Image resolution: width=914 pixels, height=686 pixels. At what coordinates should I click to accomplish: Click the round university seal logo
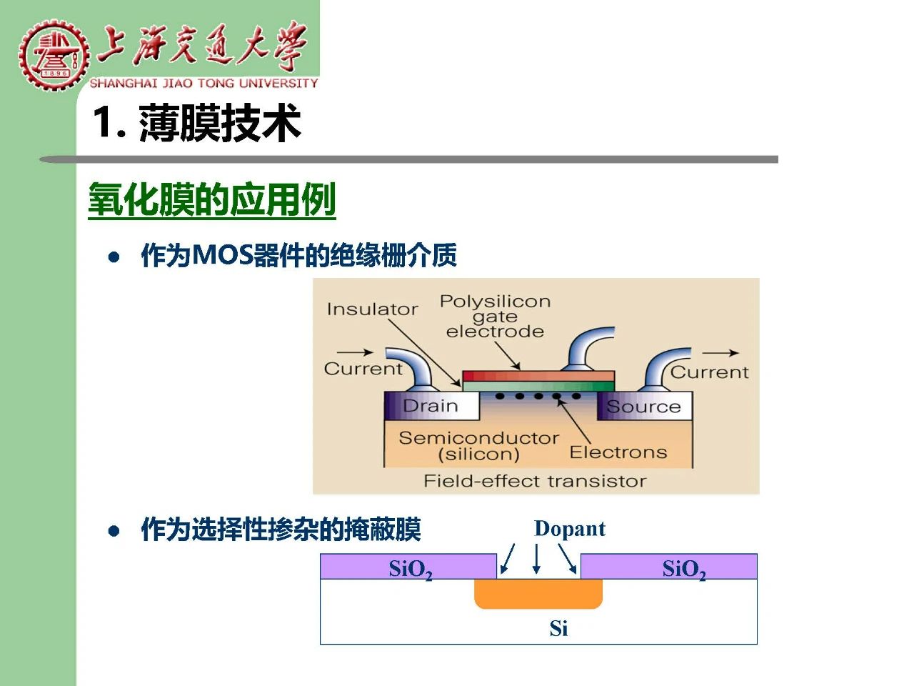coord(54,54)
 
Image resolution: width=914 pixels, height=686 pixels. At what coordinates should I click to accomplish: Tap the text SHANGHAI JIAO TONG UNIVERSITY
coord(204,84)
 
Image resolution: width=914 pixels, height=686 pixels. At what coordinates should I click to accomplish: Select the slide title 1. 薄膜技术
coord(196,123)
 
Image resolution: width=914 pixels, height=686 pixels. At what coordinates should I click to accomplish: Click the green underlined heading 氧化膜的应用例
coord(212,200)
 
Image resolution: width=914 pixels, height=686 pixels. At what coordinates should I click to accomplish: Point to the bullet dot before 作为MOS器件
coord(114,257)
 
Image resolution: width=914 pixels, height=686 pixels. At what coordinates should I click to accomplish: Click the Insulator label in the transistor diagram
coord(372,309)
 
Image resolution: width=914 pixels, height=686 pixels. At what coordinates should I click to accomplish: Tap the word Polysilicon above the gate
coord(495,301)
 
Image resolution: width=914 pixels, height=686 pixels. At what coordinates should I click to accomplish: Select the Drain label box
coord(431,406)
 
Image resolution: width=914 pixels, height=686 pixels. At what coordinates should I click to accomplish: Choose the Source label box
coord(645,406)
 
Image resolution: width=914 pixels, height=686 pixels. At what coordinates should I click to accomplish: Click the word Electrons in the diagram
coord(618,452)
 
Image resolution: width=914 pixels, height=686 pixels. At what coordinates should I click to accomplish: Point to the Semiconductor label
coord(479,438)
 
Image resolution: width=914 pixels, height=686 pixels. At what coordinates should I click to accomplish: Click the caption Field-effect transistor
coord(535,481)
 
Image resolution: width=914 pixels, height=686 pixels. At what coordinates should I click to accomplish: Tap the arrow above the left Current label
coord(355,352)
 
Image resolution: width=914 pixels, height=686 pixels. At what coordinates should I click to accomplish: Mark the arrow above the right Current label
coord(720,353)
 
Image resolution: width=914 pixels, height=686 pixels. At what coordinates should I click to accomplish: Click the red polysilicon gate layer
coord(538,376)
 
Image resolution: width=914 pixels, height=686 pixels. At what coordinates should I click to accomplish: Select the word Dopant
coord(570,529)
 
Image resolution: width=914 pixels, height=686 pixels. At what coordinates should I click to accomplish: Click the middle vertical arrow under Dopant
coord(537,559)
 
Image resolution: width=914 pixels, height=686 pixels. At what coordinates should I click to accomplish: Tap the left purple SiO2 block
coord(408,567)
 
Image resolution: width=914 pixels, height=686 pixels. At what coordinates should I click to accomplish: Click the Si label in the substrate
coord(558,629)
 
